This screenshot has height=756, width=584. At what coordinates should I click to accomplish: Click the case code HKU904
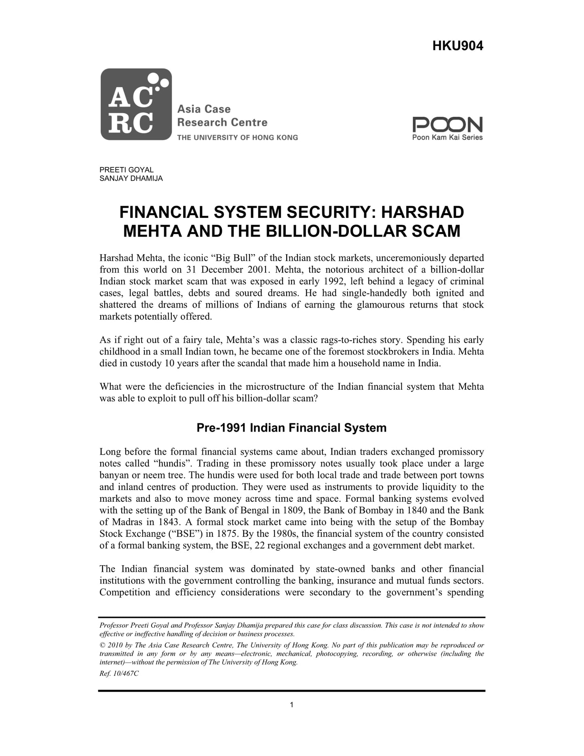coord(458,46)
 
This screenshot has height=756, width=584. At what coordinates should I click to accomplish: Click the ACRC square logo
coord(136,104)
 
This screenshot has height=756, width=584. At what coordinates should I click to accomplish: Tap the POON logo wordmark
coord(447,125)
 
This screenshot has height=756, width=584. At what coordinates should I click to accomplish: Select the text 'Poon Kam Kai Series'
coord(447,137)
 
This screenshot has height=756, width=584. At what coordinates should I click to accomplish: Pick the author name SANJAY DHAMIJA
coord(131,178)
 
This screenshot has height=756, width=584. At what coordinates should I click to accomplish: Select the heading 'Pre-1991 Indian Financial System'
coord(291,428)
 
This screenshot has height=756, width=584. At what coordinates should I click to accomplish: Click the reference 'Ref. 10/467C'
coord(119,674)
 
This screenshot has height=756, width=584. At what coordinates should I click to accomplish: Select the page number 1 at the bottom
coord(291,705)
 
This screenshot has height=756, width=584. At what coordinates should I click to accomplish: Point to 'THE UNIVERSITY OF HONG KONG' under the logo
coord(237,137)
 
